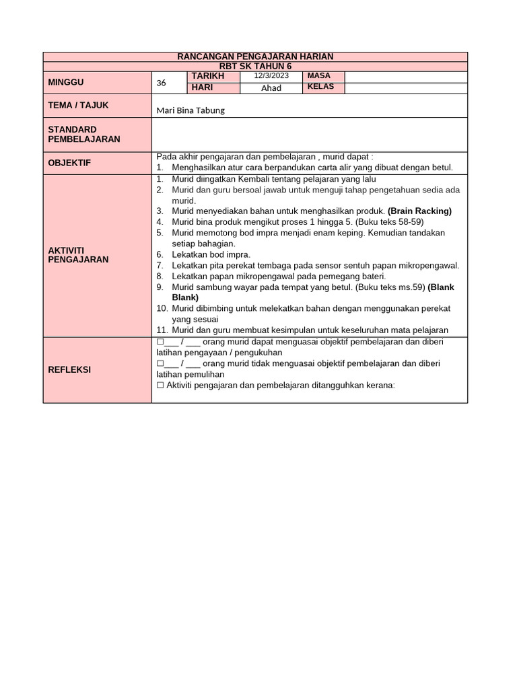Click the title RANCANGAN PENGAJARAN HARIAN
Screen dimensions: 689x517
pos(255,57)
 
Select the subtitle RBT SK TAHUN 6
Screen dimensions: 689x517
pos(255,66)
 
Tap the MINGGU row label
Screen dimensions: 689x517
pos(66,82)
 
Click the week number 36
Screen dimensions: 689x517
pos(161,83)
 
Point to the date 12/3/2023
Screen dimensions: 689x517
pos(271,76)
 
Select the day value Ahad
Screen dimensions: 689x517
pos(271,87)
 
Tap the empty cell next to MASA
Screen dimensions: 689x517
pos(405,76)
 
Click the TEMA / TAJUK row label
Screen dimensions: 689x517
pos(78,106)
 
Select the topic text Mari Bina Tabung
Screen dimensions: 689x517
pos(191,111)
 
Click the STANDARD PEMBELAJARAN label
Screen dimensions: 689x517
pos(84,134)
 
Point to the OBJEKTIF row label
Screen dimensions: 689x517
pos(69,163)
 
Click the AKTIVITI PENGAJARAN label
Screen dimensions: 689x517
pos(78,254)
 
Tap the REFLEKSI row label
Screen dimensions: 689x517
pos(69,369)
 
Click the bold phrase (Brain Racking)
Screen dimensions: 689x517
pos(419,211)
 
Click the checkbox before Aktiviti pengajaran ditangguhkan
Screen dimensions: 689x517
pos(160,386)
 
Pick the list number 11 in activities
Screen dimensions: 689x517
pos(161,330)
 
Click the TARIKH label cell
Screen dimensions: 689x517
pos(207,76)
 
